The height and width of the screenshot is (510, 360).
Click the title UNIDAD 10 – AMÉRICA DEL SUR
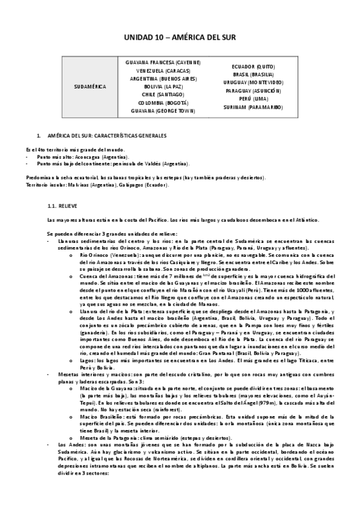click(180, 37)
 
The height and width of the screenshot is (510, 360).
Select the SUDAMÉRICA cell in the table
click(90, 87)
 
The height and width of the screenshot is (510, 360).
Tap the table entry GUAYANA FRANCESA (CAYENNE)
click(163, 63)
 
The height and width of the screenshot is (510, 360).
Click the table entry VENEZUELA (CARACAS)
click(163, 70)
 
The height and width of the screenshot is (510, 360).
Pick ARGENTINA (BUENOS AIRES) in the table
click(163, 79)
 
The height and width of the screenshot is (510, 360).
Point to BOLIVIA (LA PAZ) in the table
click(163, 87)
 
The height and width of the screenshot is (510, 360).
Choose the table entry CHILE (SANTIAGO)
click(163, 95)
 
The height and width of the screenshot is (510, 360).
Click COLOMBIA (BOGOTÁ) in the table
click(163, 103)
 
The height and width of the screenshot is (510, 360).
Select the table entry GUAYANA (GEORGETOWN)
click(163, 111)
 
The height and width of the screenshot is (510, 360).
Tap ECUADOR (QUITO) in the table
click(253, 66)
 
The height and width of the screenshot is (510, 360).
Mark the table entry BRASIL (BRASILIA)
click(253, 74)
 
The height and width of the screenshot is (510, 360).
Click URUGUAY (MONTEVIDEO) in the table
click(253, 82)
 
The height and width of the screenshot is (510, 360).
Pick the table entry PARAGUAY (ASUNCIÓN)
click(253, 90)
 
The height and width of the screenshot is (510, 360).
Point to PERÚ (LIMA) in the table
click(253, 99)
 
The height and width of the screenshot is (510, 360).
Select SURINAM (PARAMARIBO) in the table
click(253, 107)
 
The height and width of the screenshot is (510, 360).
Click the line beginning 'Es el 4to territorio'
click(76, 149)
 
